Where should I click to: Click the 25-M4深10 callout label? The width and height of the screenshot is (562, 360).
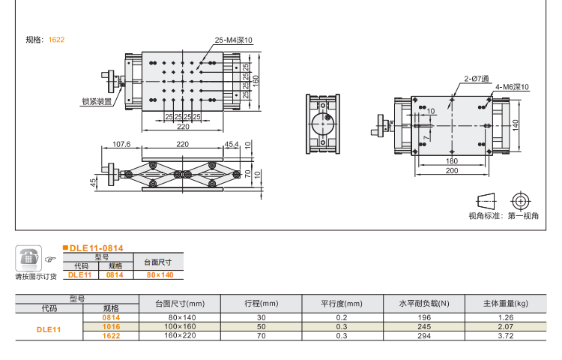[234, 40]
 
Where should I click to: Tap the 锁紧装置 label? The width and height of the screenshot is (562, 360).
[97, 101]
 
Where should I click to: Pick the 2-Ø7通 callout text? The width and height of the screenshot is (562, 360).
[476, 78]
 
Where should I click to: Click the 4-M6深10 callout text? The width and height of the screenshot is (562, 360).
[512, 87]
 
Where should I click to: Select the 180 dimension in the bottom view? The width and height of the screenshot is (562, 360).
[451, 161]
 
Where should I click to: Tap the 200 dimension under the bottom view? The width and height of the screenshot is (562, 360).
[451, 171]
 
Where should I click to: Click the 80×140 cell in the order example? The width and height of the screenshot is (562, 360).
[159, 274]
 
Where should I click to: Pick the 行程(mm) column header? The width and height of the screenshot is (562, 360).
[261, 304]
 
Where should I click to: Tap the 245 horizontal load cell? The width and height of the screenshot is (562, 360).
[424, 326]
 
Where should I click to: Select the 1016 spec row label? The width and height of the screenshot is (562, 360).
[111, 327]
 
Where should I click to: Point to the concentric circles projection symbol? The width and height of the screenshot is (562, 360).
[519, 200]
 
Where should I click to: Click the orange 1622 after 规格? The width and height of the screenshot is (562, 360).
[56, 40]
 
